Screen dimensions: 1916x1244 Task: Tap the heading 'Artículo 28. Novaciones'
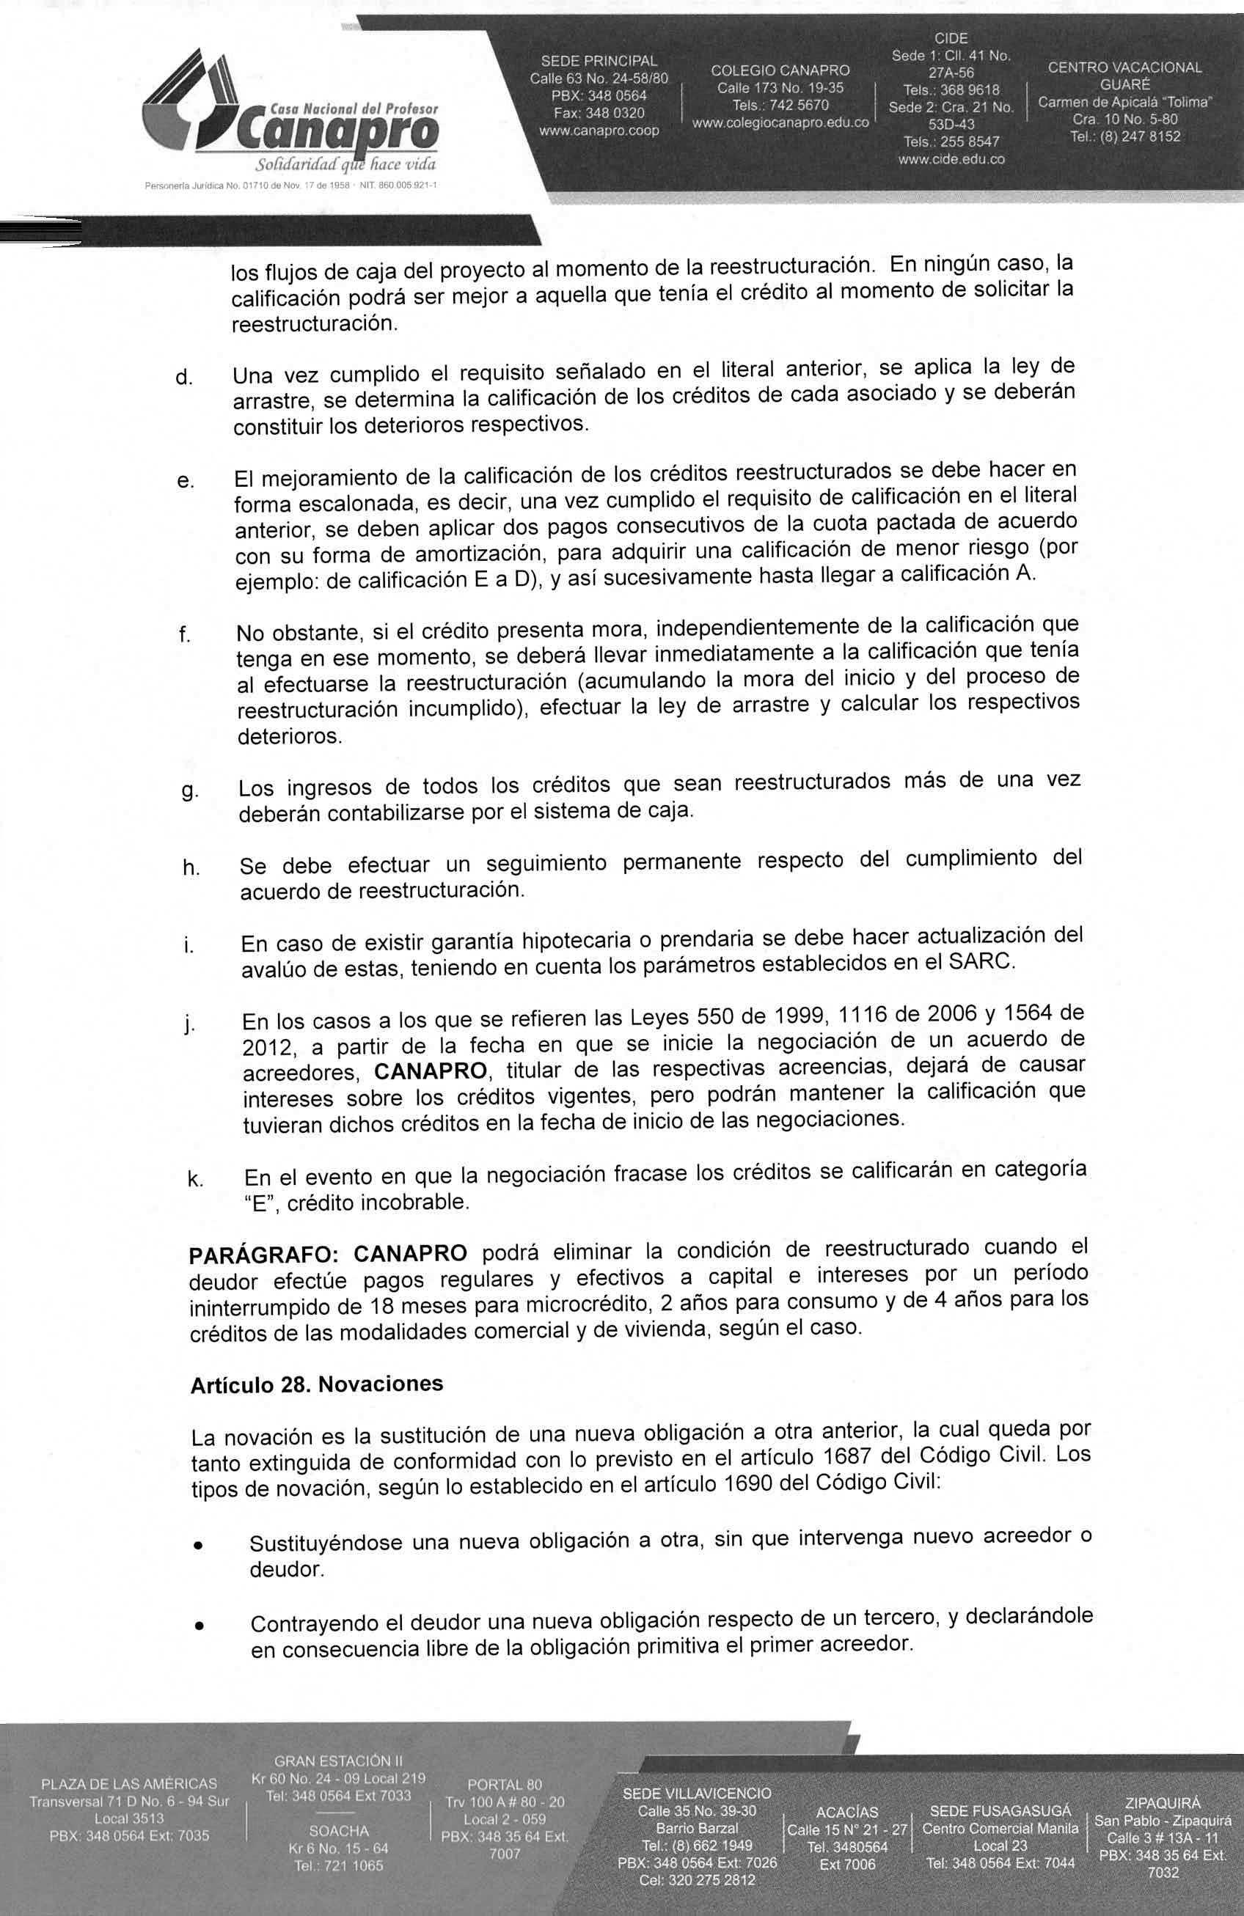click(318, 1384)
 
